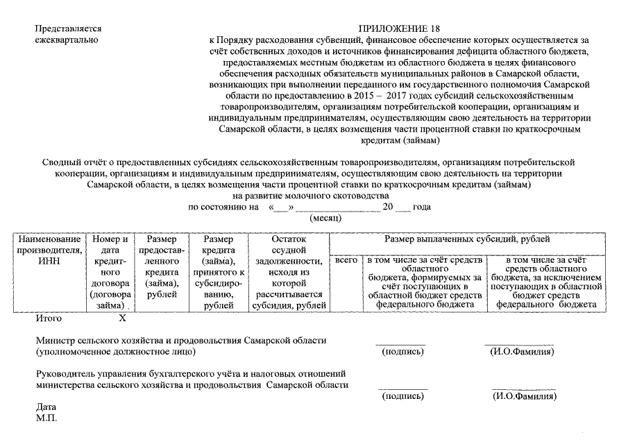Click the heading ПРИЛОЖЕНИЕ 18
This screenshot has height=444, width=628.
[x=398, y=28]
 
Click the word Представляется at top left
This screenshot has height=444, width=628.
[x=68, y=28]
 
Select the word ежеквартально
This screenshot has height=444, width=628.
[x=66, y=40]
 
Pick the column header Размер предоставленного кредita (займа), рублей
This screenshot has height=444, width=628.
[x=161, y=266]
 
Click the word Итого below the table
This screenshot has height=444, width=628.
[x=49, y=318]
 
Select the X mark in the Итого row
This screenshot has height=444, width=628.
[x=123, y=318]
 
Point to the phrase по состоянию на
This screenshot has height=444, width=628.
[x=220, y=207]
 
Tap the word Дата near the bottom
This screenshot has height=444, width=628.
[x=46, y=407]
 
